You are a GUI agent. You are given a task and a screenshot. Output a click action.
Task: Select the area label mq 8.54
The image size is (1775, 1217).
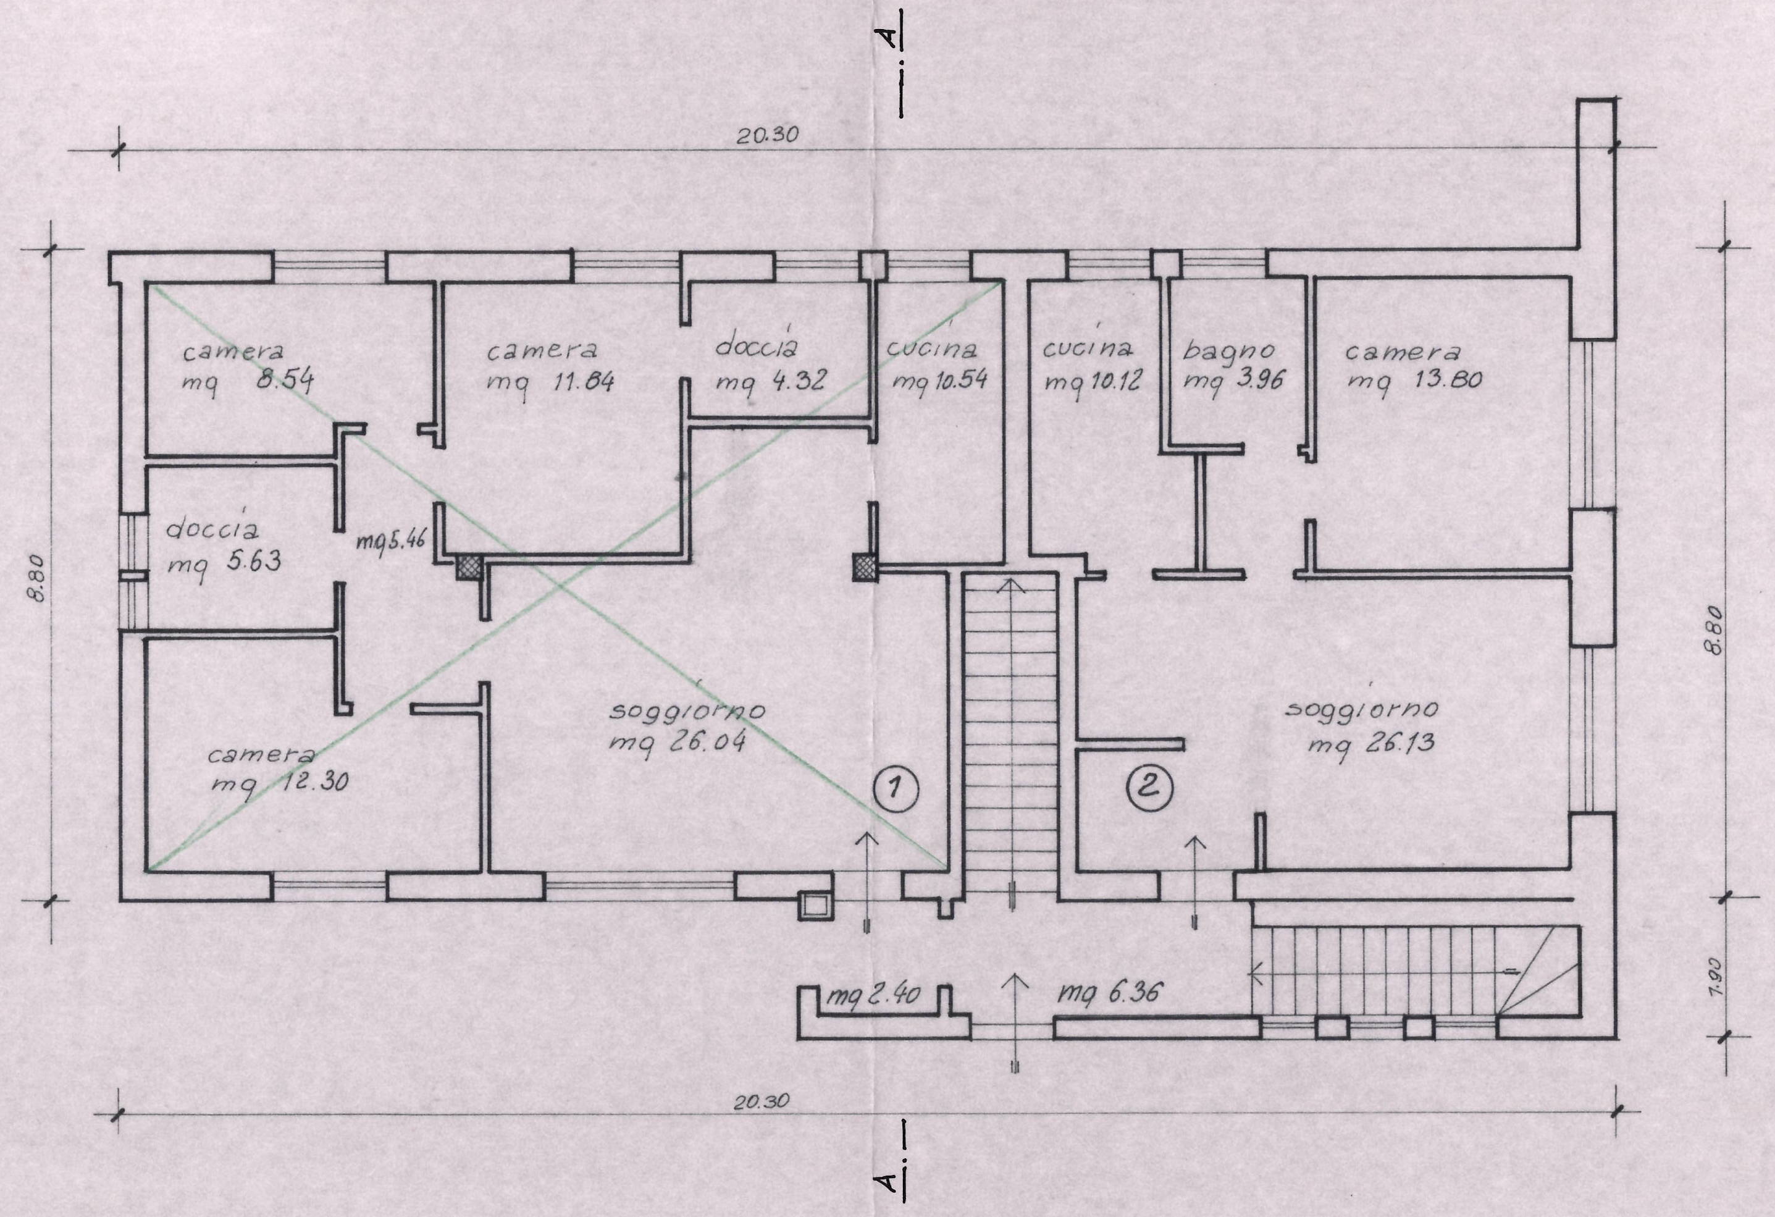point(248,381)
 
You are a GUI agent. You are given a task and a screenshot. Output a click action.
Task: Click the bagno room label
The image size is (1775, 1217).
point(1229,351)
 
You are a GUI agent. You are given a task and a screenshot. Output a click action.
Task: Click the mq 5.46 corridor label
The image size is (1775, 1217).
point(388,542)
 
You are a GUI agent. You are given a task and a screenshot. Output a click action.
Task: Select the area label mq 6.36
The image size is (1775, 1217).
point(1110,993)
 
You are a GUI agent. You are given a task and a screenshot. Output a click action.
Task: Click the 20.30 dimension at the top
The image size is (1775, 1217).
point(767,135)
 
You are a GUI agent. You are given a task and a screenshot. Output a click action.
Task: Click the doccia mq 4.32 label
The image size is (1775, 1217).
point(769,362)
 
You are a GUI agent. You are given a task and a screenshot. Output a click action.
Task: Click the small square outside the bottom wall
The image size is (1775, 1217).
point(815,905)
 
